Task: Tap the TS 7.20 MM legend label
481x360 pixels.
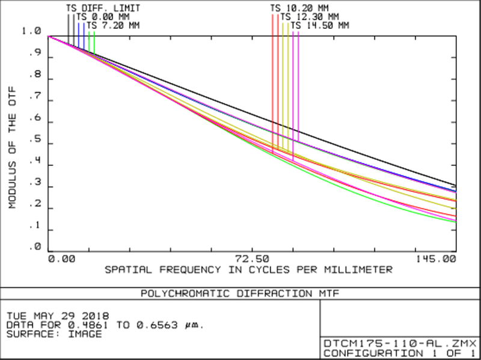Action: pos(112,25)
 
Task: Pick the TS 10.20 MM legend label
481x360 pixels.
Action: pos(299,8)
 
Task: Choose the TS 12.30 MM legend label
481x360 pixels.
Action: pos(309,17)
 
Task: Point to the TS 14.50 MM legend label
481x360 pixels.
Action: pos(319,25)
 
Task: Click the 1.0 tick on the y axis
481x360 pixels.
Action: pos(31,31)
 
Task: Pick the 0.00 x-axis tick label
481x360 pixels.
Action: pos(63,258)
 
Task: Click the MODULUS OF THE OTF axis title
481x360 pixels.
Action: pos(13,147)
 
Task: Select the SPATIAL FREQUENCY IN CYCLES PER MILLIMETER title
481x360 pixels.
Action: pos(249,270)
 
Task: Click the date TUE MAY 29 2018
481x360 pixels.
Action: pos(57,316)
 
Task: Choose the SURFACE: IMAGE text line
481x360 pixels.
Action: pos(54,334)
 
